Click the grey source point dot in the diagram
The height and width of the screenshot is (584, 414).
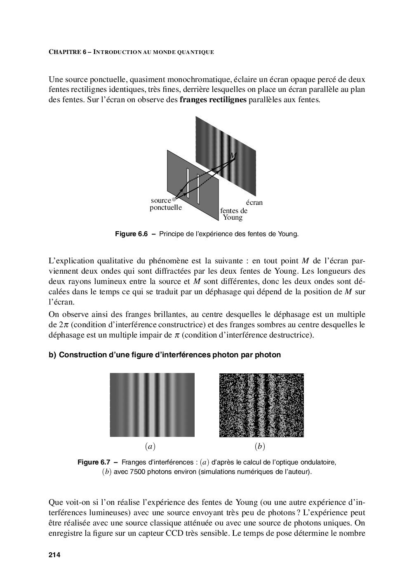[x=174, y=199]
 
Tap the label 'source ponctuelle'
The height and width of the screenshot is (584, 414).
[x=165, y=204]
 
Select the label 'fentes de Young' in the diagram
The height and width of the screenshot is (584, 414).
[x=234, y=214]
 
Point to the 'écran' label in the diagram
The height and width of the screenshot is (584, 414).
[x=254, y=202]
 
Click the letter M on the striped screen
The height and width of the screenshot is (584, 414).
[x=233, y=156]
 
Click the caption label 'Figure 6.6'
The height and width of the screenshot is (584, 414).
[x=131, y=234]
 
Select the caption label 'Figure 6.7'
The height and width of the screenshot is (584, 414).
[x=94, y=462]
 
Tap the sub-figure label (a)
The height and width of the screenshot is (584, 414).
[x=150, y=446]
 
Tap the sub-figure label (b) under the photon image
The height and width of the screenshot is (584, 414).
[x=260, y=446]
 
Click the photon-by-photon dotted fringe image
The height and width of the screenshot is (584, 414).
[x=261, y=405]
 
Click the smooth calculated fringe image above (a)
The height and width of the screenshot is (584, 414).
[x=152, y=405]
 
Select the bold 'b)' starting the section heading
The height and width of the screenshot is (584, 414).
[x=52, y=355]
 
